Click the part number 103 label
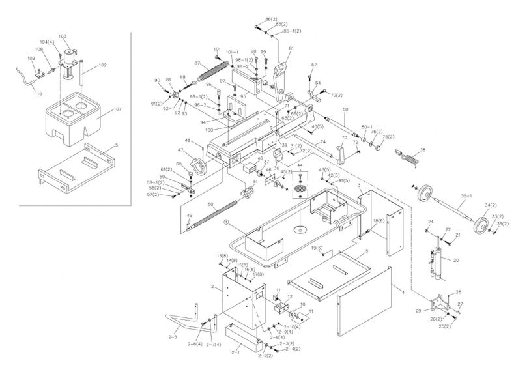point(63,36)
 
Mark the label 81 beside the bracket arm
point(291,49)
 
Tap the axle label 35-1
point(465,195)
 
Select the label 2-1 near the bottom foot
point(236,352)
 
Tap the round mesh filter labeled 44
point(300,188)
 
